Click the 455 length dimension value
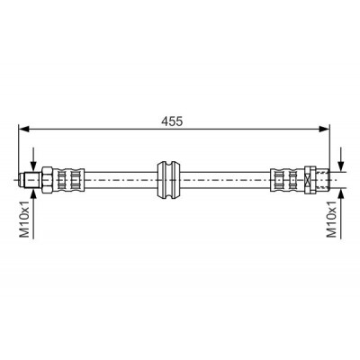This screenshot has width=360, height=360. [172, 121]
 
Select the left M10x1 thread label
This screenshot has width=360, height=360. [25, 219]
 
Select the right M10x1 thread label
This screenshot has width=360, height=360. [332, 219]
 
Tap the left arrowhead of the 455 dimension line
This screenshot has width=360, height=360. [23, 129]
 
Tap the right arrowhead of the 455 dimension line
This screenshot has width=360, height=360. [324, 129]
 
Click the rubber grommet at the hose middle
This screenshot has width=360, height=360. [169, 180]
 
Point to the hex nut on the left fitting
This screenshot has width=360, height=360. [47, 180]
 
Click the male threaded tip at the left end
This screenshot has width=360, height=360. [31, 180]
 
